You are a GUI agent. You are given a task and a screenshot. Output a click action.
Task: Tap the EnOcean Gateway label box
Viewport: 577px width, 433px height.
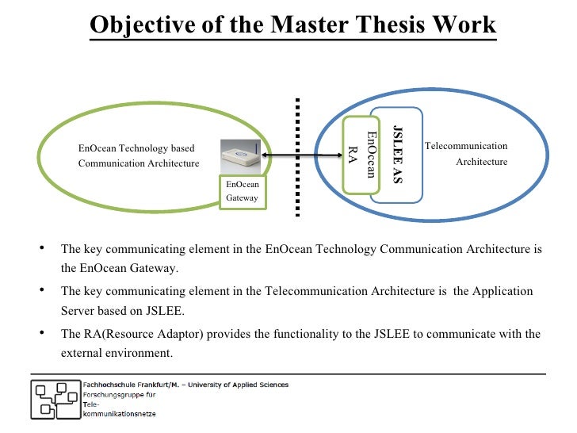[x=243, y=191]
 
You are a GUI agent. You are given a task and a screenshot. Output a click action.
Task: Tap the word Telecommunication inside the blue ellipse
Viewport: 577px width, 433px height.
[x=466, y=146]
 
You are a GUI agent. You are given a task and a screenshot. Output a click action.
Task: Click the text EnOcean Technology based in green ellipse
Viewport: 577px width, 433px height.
[x=136, y=148]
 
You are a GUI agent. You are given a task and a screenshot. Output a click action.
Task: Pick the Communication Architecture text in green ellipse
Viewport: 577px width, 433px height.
[x=139, y=163]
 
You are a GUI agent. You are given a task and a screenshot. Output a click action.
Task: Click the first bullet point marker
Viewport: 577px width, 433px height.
[x=40, y=248]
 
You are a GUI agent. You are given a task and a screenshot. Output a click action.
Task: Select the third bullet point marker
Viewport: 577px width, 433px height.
[x=40, y=334]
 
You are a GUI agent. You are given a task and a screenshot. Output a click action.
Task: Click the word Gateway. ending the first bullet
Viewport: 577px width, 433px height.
[x=157, y=268]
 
